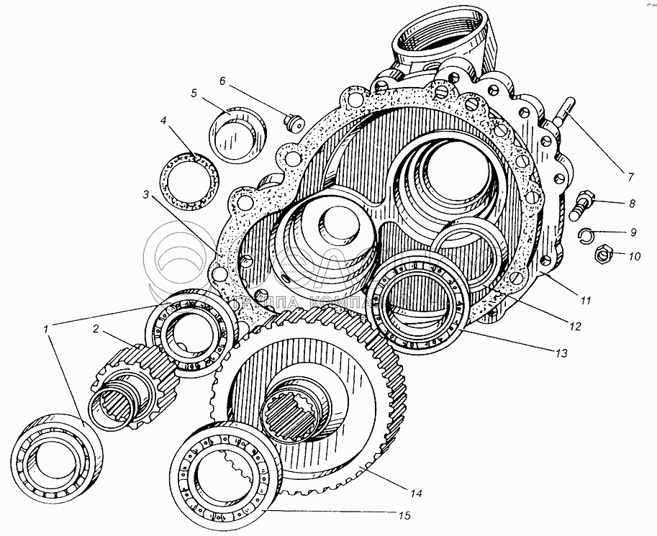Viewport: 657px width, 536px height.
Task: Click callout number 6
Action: pyautogui.click(x=222, y=81)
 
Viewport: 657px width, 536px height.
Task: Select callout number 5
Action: pyautogui.click(x=194, y=93)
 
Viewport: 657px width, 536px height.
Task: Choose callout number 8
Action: pyautogui.click(x=632, y=204)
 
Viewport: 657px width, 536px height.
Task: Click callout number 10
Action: pyautogui.click(x=633, y=255)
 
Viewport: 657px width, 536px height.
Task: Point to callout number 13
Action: pyautogui.click(x=560, y=353)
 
